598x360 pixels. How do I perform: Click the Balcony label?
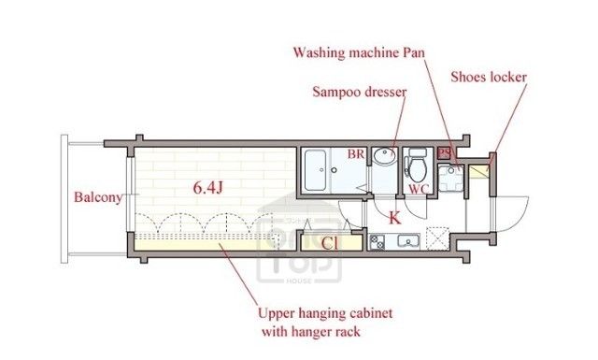point(98,197)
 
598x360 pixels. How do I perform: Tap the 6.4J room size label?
point(207,187)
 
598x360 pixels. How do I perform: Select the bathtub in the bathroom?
point(316,170)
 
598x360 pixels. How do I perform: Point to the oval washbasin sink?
point(384,156)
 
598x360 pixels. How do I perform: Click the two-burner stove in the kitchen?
point(377,242)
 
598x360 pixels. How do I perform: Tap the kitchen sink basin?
point(408,241)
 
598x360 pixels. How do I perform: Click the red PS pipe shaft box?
point(444,153)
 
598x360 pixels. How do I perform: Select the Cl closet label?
point(330,243)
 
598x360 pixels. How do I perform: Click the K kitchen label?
point(394,218)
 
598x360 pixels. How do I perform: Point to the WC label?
point(419,189)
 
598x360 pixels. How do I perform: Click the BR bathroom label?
point(356,154)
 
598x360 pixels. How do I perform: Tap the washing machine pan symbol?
point(450,178)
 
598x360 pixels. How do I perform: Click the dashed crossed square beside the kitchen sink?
point(437,238)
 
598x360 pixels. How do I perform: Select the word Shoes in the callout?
point(468,77)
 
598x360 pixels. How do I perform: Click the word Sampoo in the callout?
point(335,92)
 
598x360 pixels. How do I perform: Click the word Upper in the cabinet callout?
point(276,314)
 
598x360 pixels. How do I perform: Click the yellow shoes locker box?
point(478,171)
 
